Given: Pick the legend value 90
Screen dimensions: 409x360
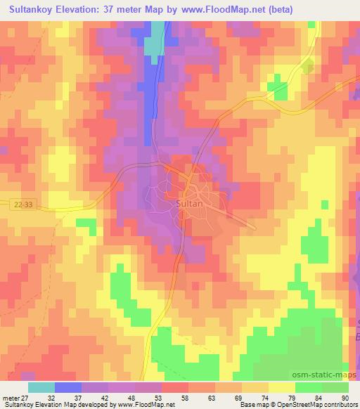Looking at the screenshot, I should pos(345,397).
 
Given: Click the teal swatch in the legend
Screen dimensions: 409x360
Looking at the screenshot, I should pos(41,387).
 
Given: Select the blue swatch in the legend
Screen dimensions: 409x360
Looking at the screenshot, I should pos(68,387).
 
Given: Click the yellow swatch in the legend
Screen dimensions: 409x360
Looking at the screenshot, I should pos(282,387).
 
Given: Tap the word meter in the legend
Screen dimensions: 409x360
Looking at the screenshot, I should pos(10,397).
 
